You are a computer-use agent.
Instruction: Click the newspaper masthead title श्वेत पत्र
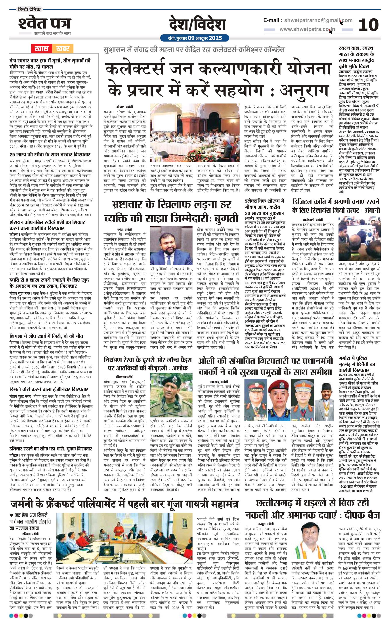(44, 24)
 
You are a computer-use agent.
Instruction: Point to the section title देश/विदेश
(197, 25)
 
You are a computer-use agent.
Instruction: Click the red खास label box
(42, 48)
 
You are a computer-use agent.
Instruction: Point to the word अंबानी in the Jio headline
(369, 210)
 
